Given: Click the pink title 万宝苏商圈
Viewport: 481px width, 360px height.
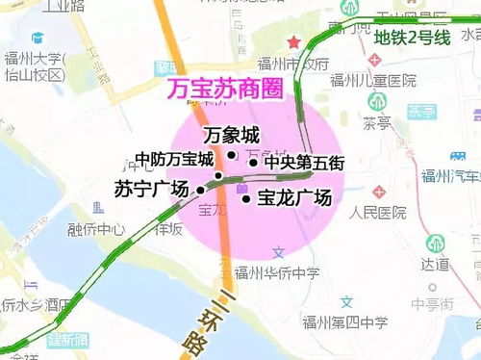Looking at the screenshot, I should point(224,90).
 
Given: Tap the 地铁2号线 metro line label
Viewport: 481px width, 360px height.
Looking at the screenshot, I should point(413,39).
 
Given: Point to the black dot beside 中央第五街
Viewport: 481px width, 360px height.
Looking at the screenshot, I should point(253,162).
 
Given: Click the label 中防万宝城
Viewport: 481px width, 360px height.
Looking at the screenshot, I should point(174,160).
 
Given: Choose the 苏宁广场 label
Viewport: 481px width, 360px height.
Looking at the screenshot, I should point(151,189).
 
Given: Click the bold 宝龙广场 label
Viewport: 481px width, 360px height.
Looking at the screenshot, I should point(294,198).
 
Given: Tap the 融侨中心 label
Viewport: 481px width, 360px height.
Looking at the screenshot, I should point(96,229).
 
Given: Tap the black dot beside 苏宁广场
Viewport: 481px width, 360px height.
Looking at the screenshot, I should point(201,191).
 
